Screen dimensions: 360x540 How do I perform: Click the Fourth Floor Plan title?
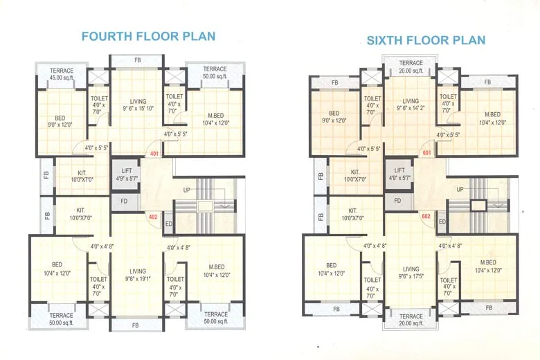click(148, 36)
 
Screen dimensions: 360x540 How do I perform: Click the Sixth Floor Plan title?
click(426, 40)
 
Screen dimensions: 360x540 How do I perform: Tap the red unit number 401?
click(154, 154)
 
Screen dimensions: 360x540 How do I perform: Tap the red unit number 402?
click(153, 217)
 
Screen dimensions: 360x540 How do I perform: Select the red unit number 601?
click(426, 153)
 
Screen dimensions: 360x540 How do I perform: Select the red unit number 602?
click(426, 216)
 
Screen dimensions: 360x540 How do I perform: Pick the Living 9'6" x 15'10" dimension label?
click(138, 105)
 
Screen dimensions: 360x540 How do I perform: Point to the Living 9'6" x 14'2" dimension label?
click(411, 105)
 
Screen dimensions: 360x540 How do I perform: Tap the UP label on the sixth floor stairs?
click(460, 188)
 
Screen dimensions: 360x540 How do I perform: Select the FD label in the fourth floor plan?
click(124, 202)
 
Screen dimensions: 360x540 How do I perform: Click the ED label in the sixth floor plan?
click(442, 222)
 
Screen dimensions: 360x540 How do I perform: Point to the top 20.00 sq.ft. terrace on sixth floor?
click(411, 67)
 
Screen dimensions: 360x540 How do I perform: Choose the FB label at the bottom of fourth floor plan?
click(136, 325)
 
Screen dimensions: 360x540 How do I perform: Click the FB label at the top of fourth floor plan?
click(137, 61)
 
